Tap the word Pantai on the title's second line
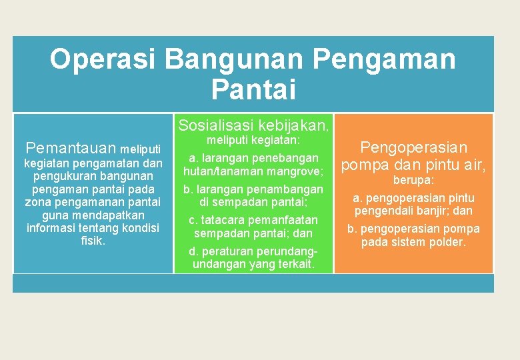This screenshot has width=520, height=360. point(253,89)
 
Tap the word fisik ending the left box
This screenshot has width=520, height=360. point(93,241)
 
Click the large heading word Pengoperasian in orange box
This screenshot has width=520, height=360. point(413,147)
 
